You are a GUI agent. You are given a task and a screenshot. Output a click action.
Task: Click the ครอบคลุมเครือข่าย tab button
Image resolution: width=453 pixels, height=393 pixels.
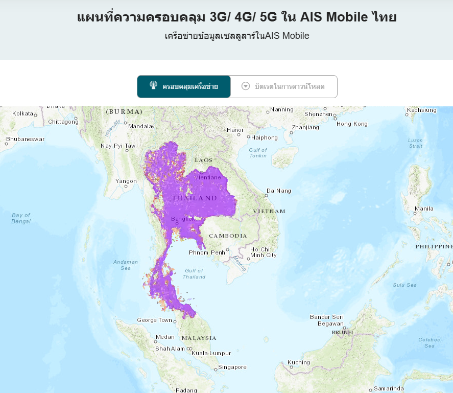184,86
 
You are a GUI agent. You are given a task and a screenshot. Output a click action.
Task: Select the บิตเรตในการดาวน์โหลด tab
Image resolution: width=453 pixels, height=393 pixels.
284,86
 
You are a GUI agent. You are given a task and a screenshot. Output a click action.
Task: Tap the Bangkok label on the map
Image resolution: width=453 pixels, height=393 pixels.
183,219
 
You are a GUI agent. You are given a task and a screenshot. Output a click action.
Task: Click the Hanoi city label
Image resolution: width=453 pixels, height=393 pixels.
235,130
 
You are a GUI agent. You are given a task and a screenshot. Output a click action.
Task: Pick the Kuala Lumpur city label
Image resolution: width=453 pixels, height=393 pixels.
211,353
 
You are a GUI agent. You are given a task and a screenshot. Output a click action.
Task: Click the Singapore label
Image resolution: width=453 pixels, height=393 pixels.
232,367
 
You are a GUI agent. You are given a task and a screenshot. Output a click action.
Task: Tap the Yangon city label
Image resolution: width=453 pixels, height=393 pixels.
126,181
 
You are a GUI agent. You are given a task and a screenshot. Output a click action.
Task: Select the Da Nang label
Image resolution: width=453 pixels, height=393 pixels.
279,191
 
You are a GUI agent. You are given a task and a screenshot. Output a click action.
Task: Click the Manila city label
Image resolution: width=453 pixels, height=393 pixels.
424,209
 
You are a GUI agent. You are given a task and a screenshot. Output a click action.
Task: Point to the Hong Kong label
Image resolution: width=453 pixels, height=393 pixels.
352,124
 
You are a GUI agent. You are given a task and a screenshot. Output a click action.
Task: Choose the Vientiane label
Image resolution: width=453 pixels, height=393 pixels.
207,177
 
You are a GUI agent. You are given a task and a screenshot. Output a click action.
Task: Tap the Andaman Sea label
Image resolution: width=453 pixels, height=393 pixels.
126,265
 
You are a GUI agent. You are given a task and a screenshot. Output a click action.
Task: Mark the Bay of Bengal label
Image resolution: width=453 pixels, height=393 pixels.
21,218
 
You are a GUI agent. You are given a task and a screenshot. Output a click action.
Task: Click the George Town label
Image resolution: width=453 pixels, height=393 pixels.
154,320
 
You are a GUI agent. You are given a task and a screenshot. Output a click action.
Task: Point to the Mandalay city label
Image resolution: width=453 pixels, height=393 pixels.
141,126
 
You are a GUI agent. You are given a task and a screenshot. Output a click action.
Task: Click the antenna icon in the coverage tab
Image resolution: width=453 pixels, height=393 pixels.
153,85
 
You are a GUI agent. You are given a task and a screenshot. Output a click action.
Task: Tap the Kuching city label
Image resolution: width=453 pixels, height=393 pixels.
299,362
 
